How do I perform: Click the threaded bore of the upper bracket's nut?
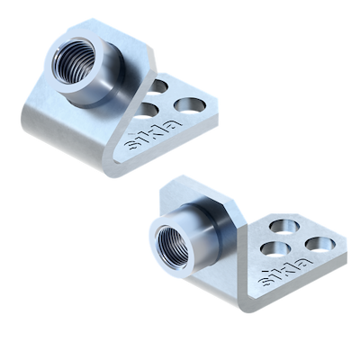click(71, 62)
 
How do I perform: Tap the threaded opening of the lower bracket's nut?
click(172, 247)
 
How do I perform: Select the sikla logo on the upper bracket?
click(153, 134)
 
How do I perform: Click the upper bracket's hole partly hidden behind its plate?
click(158, 86)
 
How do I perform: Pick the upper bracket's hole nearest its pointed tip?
click(190, 105)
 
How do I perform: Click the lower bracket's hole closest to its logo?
click(275, 249)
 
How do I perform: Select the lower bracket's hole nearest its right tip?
click(319, 244)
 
